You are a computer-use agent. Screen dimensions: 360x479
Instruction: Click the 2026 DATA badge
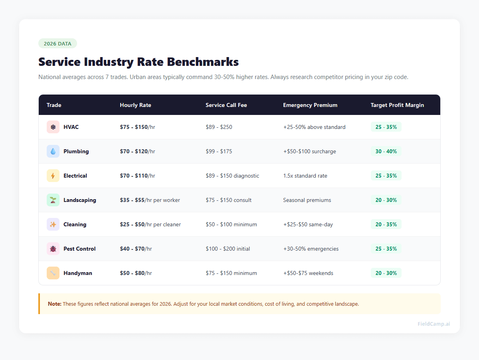coord(57,44)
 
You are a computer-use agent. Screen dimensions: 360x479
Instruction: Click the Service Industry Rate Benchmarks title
coord(139,62)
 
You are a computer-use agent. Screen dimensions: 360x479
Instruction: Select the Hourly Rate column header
coord(135,105)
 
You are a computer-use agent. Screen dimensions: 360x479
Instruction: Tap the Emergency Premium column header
coord(310,105)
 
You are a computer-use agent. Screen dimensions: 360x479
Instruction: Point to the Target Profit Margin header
coord(397,105)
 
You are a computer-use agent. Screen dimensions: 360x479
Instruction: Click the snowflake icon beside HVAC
coord(53,127)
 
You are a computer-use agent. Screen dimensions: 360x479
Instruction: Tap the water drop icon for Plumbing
coord(53,151)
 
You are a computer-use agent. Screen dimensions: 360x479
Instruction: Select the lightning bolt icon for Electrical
coord(53,176)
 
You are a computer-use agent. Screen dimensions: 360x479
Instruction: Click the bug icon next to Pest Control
coord(53,249)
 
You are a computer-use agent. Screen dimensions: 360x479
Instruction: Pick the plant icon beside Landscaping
coord(53,200)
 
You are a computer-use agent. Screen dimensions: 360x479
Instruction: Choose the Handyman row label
coord(78,273)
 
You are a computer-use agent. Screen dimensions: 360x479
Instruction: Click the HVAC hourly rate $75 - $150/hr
coord(137,127)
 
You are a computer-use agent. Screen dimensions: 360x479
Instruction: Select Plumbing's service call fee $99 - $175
coord(219,151)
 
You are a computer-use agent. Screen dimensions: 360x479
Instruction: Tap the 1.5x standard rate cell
coord(305,176)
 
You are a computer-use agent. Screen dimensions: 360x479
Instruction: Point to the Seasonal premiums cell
coord(307,200)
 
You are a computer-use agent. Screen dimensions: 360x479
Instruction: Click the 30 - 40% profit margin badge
coord(386,151)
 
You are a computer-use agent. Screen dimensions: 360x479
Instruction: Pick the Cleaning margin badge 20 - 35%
coord(386,224)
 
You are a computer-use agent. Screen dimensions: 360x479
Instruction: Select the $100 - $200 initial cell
coord(228,249)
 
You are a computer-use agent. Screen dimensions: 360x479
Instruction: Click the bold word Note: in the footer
coord(55,304)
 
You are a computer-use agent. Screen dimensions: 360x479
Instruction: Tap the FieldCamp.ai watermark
coord(433,324)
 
